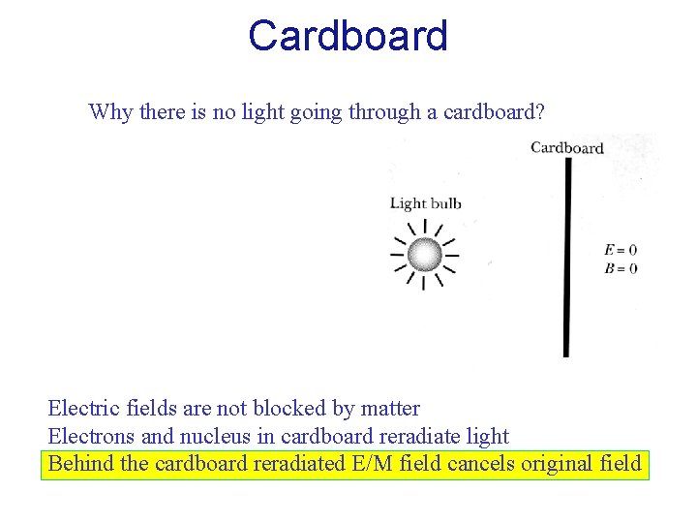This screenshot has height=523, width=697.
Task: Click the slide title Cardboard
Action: coord(348,36)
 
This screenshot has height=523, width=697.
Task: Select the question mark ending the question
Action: coord(540,111)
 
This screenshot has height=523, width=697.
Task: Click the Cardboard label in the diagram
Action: coord(567,148)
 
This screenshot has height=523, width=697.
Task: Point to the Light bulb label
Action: coord(425,203)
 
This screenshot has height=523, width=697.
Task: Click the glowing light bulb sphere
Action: coord(424,255)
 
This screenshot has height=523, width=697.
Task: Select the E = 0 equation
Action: coord(621,250)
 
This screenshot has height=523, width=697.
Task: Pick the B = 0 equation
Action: coord(621,268)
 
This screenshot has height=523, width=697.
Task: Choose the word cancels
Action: coord(481,463)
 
